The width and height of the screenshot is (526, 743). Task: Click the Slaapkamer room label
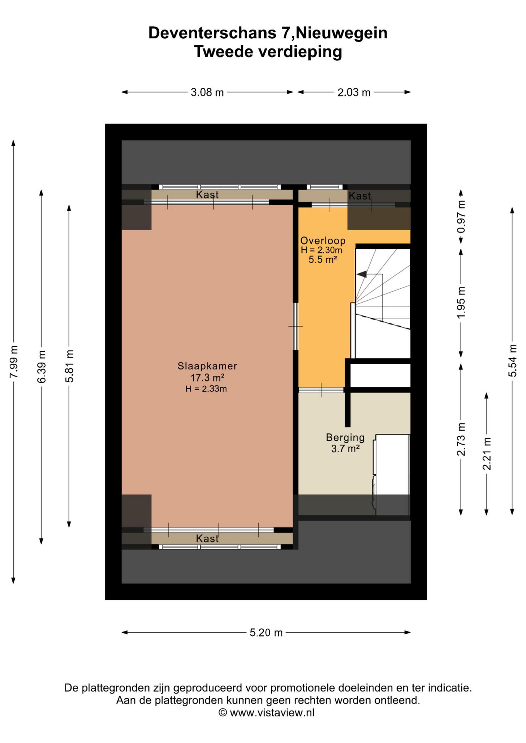207,366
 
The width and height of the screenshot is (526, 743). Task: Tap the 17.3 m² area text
207,377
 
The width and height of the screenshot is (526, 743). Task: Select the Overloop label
323,241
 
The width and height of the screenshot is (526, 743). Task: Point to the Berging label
345,438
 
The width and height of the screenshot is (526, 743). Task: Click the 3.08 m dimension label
207,92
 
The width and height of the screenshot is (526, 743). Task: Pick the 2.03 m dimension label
354,92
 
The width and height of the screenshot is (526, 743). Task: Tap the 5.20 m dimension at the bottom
266,633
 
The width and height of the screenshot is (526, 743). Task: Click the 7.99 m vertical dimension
14,362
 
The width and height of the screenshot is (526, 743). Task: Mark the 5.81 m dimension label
69,366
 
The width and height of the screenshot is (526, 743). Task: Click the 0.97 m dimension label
461,217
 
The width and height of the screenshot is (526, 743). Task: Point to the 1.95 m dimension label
461,303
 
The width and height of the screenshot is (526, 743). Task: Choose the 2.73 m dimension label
461,439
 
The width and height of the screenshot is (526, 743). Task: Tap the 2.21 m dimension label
486,454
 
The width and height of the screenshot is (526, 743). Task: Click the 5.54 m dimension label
512,360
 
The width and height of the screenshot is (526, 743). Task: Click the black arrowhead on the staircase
361,274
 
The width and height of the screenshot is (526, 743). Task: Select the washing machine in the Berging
391,475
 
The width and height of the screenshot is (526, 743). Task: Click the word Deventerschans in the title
213,33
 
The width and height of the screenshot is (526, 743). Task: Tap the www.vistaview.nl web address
272,712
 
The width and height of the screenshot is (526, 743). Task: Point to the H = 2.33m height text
206,389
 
